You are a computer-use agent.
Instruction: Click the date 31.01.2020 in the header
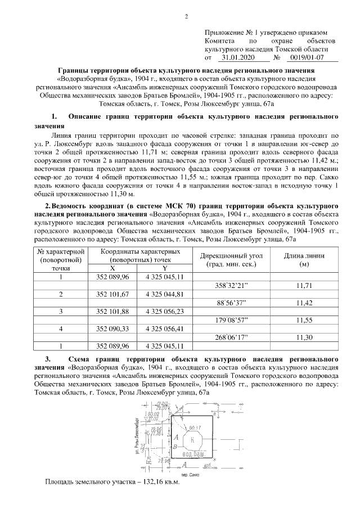(238, 57)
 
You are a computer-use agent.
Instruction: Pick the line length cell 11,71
(304, 286)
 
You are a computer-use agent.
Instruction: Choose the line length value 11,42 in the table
(304, 303)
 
